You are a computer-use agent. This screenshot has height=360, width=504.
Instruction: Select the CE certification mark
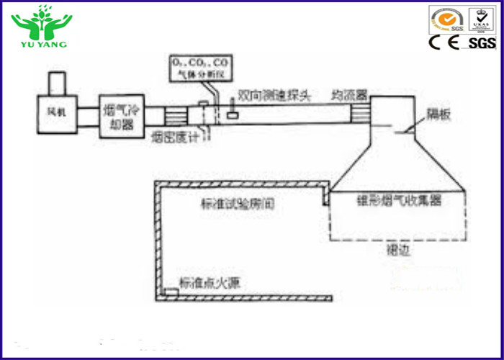445,42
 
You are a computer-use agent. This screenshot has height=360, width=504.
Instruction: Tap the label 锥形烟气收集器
400,201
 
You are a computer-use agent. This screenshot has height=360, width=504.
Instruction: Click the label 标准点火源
209,283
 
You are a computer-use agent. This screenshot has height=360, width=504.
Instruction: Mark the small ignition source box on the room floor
171,292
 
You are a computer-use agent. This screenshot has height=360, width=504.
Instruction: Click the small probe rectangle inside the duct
233,115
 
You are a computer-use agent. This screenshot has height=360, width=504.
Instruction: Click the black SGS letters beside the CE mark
482,43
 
